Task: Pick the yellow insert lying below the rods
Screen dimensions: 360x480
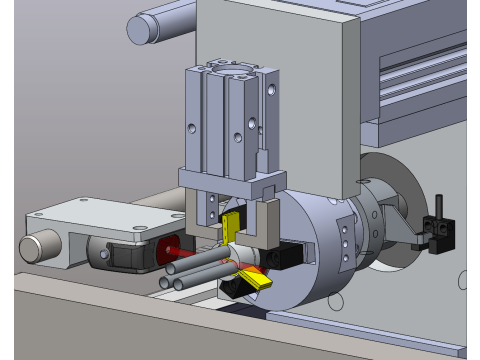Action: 256,279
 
